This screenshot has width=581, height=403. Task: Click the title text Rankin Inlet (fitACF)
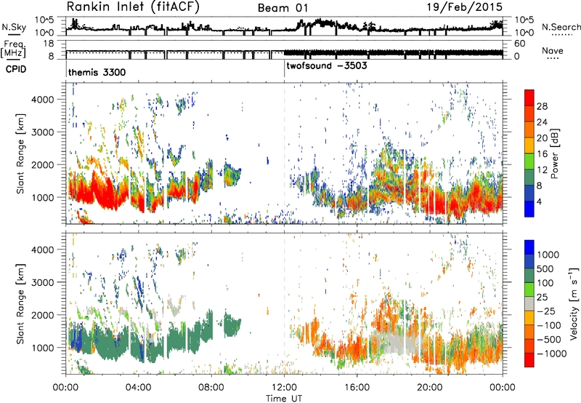pyautogui.click(x=133, y=7)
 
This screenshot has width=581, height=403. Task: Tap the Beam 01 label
pyautogui.click(x=283, y=8)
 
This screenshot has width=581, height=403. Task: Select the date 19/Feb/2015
pyautogui.click(x=464, y=7)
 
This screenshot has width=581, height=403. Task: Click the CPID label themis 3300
pyautogui.click(x=97, y=72)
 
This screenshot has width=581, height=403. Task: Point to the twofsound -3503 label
pyautogui.click(x=326, y=65)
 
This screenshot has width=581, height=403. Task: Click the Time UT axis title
pyautogui.click(x=284, y=398)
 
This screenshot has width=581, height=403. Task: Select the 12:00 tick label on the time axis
pyautogui.click(x=284, y=388)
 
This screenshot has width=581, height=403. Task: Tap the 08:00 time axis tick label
pyautogui.click(x=211, y=388)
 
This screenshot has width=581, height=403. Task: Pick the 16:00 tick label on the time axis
pyautogui.click(x=357, y=388)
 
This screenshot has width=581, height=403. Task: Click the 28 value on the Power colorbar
pyautogui.click(x=542, y=106)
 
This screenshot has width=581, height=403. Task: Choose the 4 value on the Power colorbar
pyautogui.click(x=540, y=201)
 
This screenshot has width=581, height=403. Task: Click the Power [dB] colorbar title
pyautogui.click(x=554, y=153)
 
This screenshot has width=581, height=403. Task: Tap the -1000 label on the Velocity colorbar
pyautogui.click(x=552, y=354)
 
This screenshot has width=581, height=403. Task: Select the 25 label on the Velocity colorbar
pyautogui.click(x=542, y=298)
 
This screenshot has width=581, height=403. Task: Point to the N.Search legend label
pyautogui.click(x=561, y=27)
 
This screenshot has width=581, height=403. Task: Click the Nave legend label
pyautogui.click(x=553, y=50)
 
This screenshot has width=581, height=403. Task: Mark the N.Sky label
pyautogui.click(x=14, y=27)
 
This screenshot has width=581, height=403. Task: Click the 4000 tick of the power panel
pyautogui.click(x=44, y=100)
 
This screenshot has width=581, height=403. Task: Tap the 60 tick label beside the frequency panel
pyautogui.click(x=520, y=44)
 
